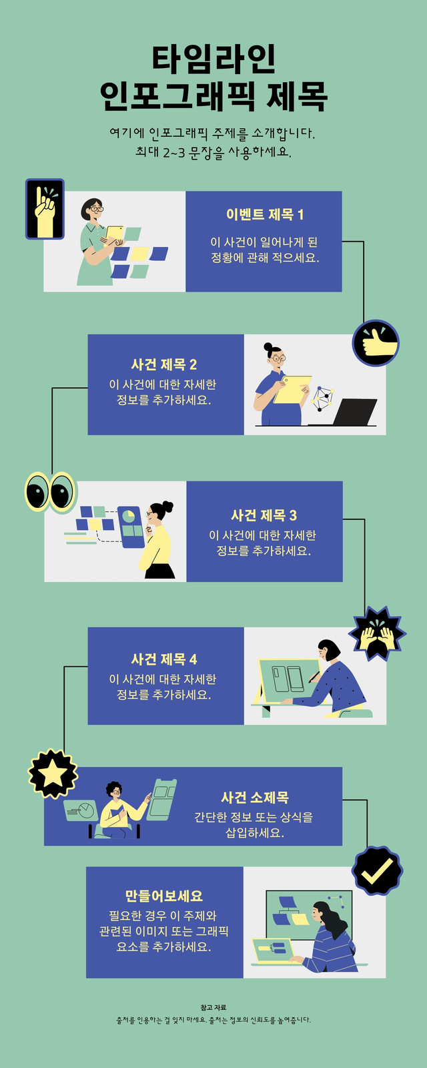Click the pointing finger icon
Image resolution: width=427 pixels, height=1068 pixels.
coord(45,209)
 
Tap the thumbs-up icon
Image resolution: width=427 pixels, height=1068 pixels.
coord(376,343)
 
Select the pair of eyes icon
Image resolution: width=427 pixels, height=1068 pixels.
coord(51,492)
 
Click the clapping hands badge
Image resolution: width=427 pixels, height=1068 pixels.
coord(377,633)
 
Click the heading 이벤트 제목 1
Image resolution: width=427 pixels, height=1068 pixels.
coord(264,214)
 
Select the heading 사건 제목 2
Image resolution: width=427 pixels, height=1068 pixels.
coord(164,364)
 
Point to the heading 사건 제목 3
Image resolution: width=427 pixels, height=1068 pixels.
coord(264,515)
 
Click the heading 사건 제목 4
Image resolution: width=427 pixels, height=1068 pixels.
coord(164,659)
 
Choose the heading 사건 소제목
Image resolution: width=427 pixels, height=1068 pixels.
coord(254,797)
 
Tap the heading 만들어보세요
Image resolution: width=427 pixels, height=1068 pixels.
coord(164,896)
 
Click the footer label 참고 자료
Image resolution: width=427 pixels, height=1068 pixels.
coord(213,1007)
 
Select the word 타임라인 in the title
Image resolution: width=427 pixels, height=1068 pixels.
coord(214,59)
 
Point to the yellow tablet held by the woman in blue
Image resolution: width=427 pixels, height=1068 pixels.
coord(292,389)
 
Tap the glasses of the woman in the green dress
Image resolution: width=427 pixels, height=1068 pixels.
coord(95,208)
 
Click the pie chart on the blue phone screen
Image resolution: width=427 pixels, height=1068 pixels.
coord(129,516)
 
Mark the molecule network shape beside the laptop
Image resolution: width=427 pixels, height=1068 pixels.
coord(323,399)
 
